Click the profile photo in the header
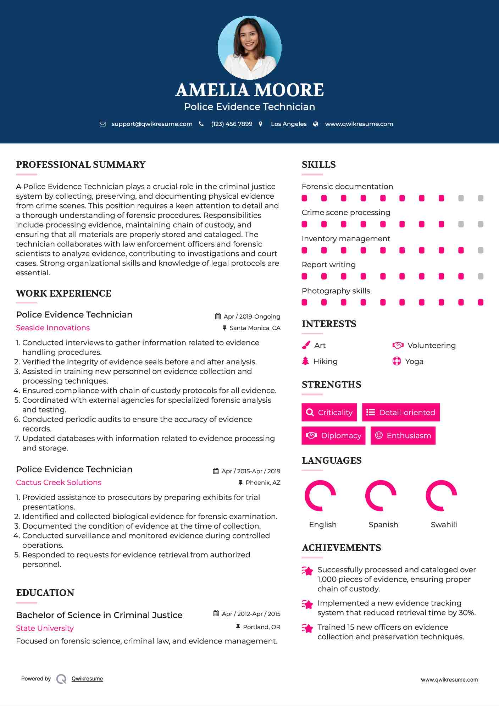[x=249, y=48]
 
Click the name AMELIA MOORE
[x=249, y=90]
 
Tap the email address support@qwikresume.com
[x=152, y=124]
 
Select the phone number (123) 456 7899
[x=232, y=124]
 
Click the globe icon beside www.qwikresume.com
[x=316, y=124]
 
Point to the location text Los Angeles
[x=289, y=124]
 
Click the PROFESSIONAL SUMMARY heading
[x=81, y=165]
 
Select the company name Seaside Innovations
[x=53, y=328]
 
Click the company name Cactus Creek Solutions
[x=59, y=482]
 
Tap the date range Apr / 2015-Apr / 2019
[x=251, y=471]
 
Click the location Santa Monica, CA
[x=255, y=328]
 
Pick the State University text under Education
[x=45, y=628]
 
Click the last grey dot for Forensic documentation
[x=481, y=198]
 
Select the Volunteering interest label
[x=431, y=346]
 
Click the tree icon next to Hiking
[x=305, y=361]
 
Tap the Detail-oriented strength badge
[x=401, y=412]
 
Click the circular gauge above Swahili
[x=441, y=496]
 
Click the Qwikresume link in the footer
[x=87, y=679]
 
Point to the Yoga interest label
[x=414, y=362]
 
